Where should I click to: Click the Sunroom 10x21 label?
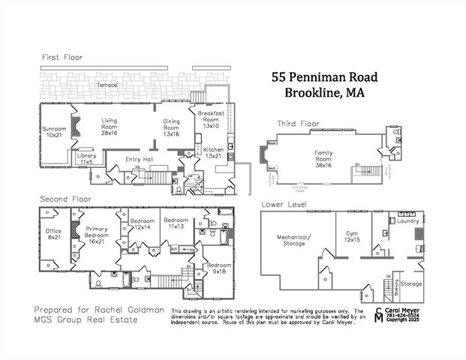(54, 133)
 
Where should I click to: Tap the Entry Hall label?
(140, 159)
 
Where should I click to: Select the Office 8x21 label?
(53, 234)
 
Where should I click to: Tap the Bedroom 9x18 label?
(219, 268)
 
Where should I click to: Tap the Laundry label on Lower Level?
(409, 221)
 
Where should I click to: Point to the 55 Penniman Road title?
(325, 76)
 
